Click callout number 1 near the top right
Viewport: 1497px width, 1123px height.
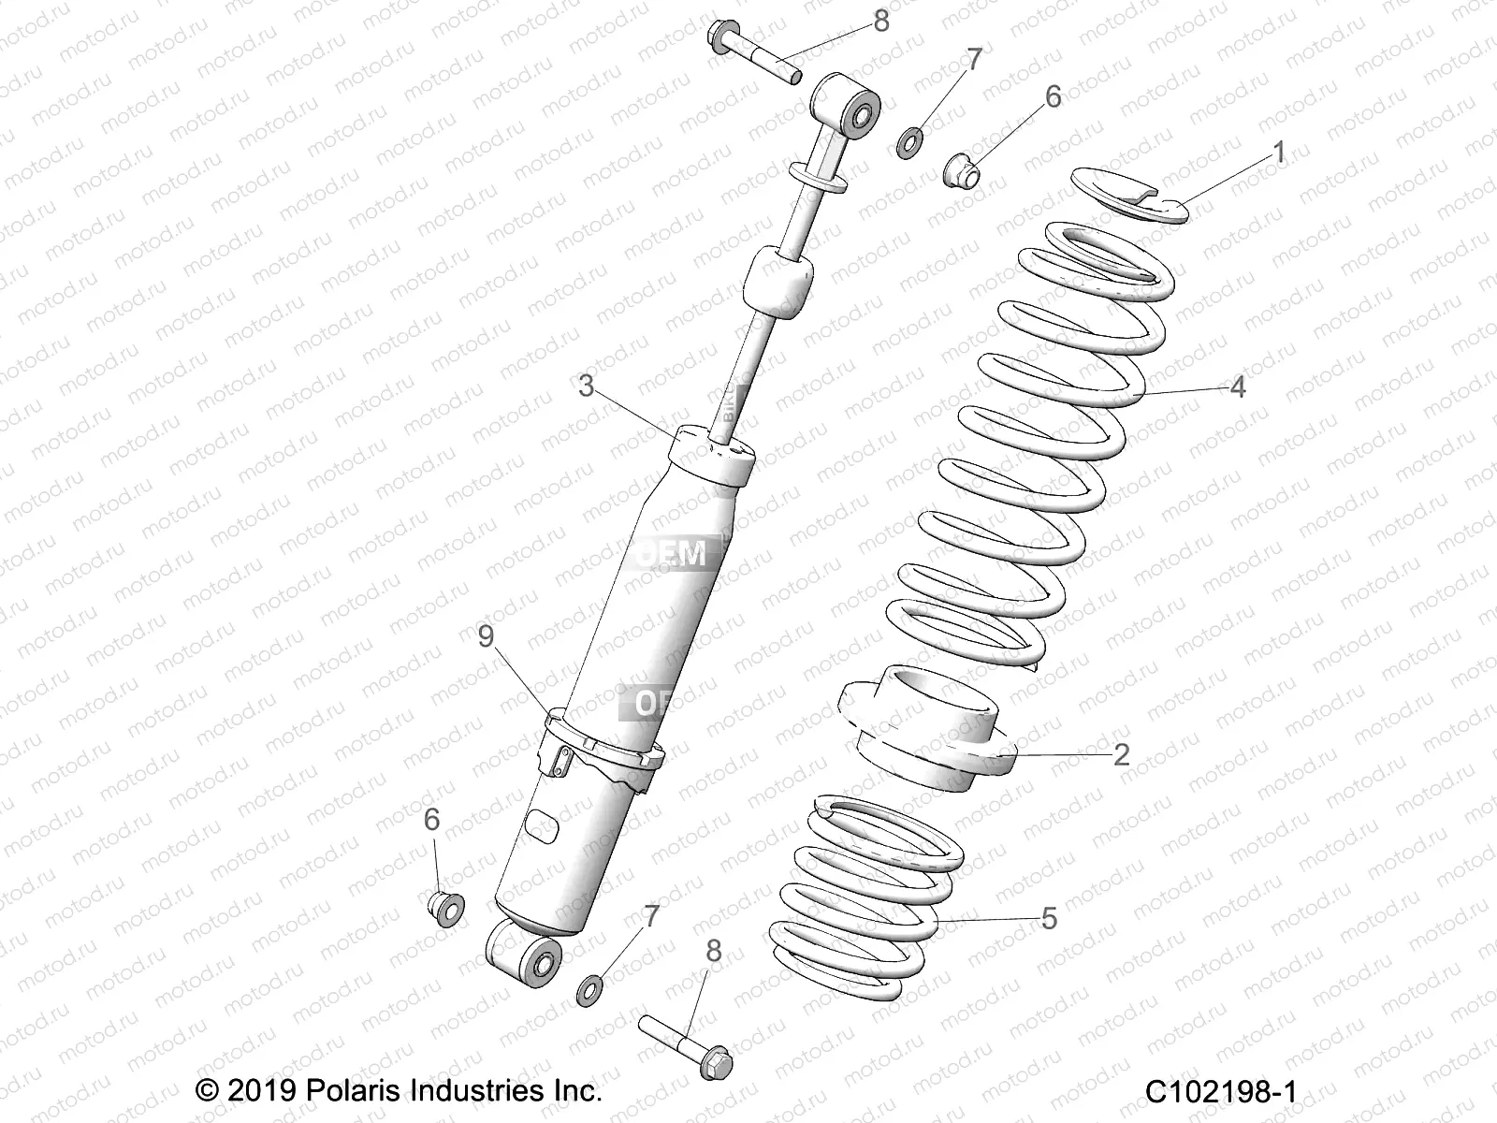click(1280, 153)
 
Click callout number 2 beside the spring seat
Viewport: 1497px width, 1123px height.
click(1122, 753)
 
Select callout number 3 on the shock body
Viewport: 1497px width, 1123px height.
click(587, 386)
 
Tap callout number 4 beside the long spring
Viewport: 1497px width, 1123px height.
click(1238, 386)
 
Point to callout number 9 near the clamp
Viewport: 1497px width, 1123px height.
click(486, 636)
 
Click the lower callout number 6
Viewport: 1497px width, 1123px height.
click(432, 820)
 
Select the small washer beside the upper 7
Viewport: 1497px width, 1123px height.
click(908, 145)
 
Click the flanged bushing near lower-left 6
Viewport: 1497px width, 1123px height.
click(447, 906)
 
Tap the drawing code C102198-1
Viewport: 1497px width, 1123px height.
click(1225, 1091)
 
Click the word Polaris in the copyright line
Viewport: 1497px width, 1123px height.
click(356, 1091)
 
